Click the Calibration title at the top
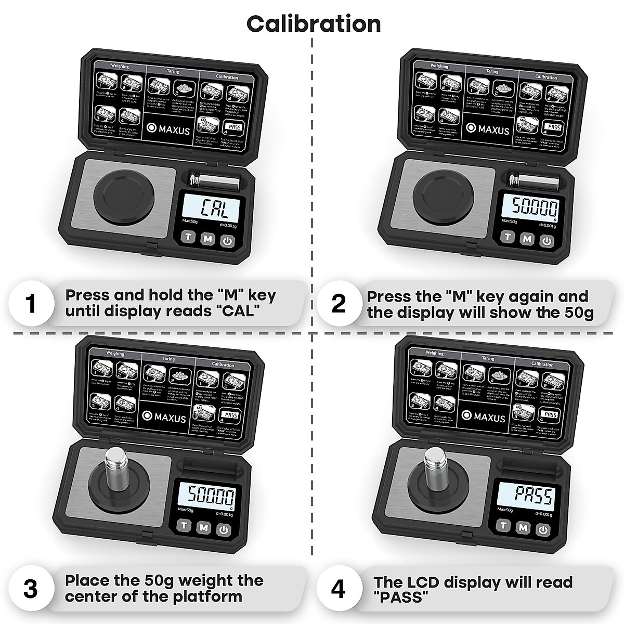[x=313, y=24]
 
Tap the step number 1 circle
[x=31, y=304]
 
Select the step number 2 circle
[x=339, y=304]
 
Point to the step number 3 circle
[x=31, y=590]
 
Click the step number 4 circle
[x=339, y=590]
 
